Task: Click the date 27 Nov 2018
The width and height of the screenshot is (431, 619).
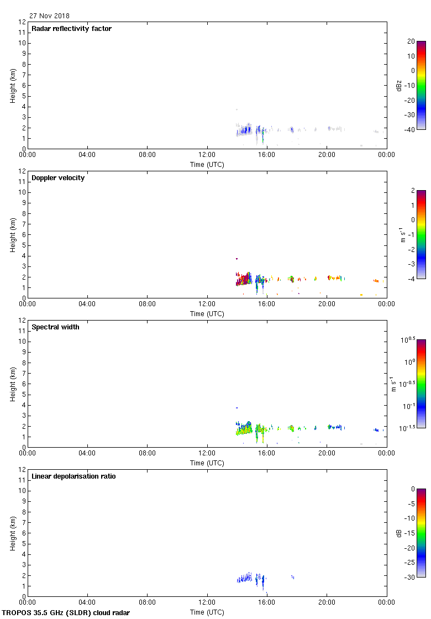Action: pyautogui.click(x=50, y=16)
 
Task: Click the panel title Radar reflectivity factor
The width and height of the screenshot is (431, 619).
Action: pyautogui.click(x=71, y=29)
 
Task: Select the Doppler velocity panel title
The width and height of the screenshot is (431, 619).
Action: pyautogui.click(x=58, y=178)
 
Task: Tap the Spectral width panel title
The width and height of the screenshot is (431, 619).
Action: pyautogui.click(x=55, y=327)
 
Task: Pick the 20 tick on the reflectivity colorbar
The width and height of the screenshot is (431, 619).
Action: pyautogui.click(x=411, y=41)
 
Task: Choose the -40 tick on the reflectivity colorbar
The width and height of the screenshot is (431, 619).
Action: pyautogui.click(x=412, y=130)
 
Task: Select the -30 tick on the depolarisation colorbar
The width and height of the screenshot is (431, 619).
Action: pyautogui.click(x=412, y=578)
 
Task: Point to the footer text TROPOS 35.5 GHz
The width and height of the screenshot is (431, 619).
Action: pyautogui.click(x=66, y=612)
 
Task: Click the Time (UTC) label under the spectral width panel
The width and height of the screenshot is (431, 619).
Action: pyautogui.click(x=207, y=463)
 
